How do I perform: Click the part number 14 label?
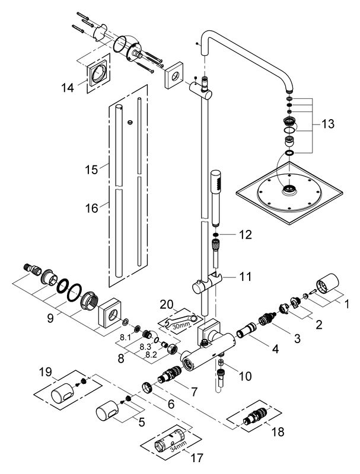(68, 88)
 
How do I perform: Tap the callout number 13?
(328, 124)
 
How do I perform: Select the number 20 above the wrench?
(167, 305)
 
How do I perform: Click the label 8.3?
(145, 347)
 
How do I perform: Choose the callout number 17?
(197, 457)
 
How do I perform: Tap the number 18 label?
(278, 432)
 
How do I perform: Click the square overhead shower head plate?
(289, 193)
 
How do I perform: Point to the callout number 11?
(245, 276)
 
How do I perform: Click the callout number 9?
(50, 318)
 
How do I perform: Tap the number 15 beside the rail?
(91, 169)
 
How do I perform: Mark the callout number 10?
(245, 376)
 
